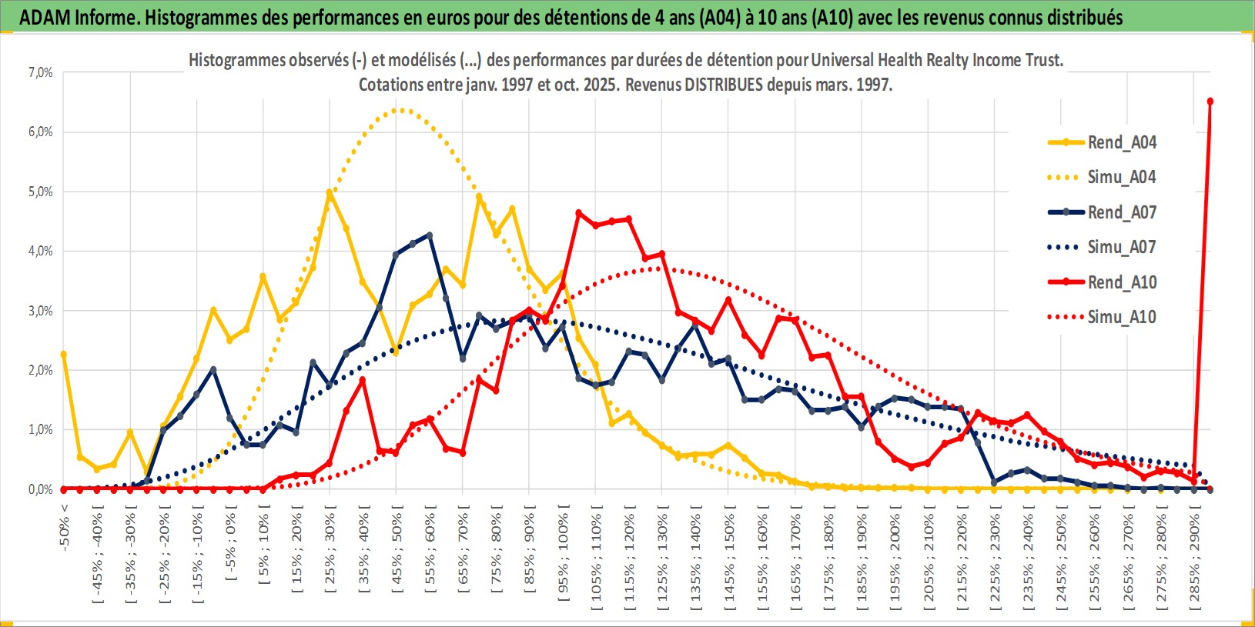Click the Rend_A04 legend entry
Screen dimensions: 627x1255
(1121, 142)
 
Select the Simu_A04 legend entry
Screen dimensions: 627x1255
(1121, 177)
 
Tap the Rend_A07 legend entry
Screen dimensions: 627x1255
(1121, 212)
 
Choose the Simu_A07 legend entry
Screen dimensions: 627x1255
(1121, 247)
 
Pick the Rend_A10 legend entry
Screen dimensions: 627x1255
(1121, 282)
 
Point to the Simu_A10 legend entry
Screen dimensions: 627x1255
(1121, 317)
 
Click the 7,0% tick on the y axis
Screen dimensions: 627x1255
(41, 72)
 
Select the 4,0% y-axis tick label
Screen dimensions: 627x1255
(41, 251)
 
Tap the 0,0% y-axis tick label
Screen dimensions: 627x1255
(41, 489)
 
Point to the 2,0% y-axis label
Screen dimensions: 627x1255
(41, 370)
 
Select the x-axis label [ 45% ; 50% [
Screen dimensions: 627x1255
(397, 548)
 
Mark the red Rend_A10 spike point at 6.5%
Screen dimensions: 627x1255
(1210, 102)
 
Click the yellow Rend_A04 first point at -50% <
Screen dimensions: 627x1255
(64, 355)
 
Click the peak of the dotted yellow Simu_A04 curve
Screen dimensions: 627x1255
(398, 110)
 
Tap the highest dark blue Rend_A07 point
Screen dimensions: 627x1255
(429, 235)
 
